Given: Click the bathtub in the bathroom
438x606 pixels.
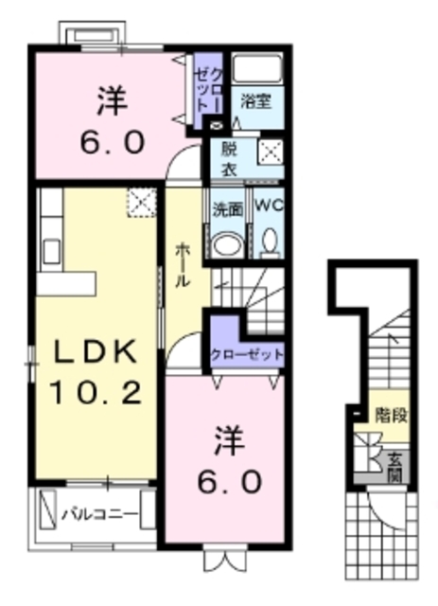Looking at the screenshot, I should tap(257, 70).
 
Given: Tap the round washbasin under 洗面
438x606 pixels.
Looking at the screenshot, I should tap(226, 243).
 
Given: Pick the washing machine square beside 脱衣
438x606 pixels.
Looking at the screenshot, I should tap(271, 151).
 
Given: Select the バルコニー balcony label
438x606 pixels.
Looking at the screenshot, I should tap(98, 515).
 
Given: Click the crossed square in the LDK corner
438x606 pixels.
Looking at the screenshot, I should tap(142, 201).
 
